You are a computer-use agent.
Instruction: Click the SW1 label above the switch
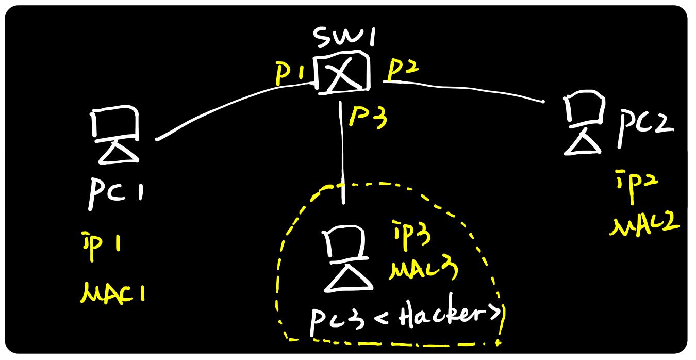(x=344, y=38)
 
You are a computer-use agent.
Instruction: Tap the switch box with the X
(x=342, y=73)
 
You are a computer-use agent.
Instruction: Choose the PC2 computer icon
(x=584, y=122)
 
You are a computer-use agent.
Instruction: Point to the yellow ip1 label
(x=101, y=246)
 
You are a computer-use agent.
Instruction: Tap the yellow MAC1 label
(x=113, y=292)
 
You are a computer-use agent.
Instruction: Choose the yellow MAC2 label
(x=644, y=224)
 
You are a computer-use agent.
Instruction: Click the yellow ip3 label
(x=412, y=235)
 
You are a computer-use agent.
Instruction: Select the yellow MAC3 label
(x=423, y=270)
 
